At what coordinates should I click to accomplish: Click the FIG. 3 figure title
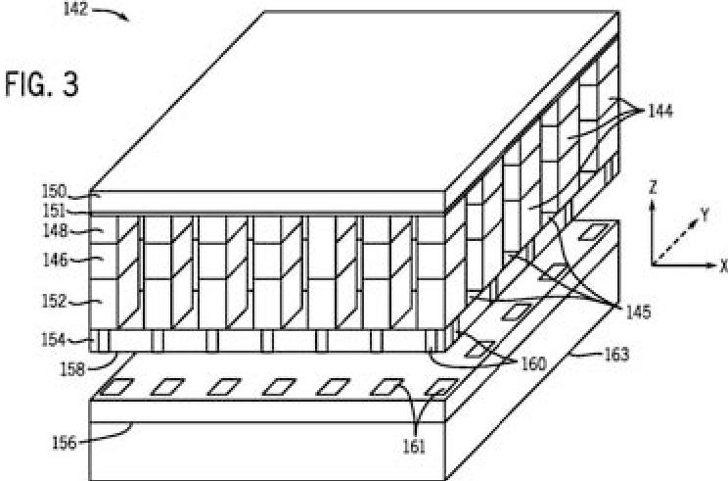[x=40, y=84]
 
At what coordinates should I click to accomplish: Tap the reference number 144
[x=666, y=113]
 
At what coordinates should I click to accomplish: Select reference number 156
[x=69, y=443]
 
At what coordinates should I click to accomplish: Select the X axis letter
[x=722, y=265]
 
